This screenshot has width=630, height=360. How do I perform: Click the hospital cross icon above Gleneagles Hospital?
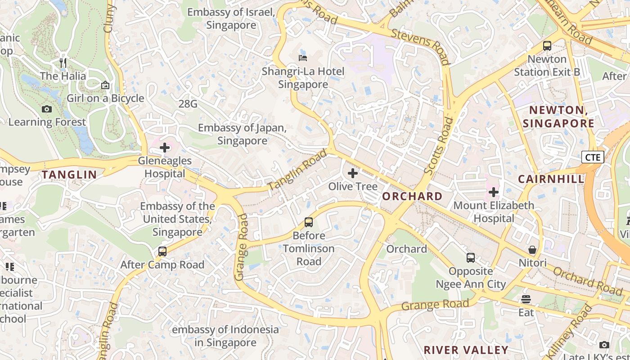pyautogui.click(x=165, y=147)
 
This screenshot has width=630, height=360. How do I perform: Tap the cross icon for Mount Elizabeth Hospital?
pyautogui.click(x=494, y=192)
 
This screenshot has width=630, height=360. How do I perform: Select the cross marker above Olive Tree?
pyautogui.click(x=353, y=173)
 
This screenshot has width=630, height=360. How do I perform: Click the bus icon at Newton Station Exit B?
pyautogui.click(x=547, y=45)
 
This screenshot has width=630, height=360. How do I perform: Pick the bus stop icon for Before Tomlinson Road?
pyautogui.click(x=309, y=222)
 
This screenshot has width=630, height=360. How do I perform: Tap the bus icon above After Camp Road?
pyautogui.click(x=162, y=252)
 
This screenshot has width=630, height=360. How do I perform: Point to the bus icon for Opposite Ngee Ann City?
pyautogui.click(x=471, y=258)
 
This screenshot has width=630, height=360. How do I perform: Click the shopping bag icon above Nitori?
pyautogui.click(x=532, y=250)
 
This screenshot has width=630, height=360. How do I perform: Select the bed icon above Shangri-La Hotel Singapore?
pyautogui.click(x=303, y=58)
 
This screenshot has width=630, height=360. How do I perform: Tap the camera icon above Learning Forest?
pyautogui.click(x=46, y=109)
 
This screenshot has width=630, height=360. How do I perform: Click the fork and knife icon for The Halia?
pyautogui.click(x=63, y=63)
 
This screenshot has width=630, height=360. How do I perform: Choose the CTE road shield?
pyautogui.click(x=593, y=157)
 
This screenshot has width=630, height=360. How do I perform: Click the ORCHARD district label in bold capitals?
pyautogui.click(x=412, y=196)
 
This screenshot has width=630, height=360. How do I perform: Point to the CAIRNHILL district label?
pyautogui.click(x=551, y=179)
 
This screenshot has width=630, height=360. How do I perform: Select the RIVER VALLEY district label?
pyautogui.click(x=466, y=350)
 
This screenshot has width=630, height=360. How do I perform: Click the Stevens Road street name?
pyautogui.click(x=420, y=46)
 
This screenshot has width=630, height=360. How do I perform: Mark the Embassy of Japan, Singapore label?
pyautogui.click(x=242, y=134)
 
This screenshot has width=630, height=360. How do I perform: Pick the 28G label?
pyautogui.click(x=188, y=104)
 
